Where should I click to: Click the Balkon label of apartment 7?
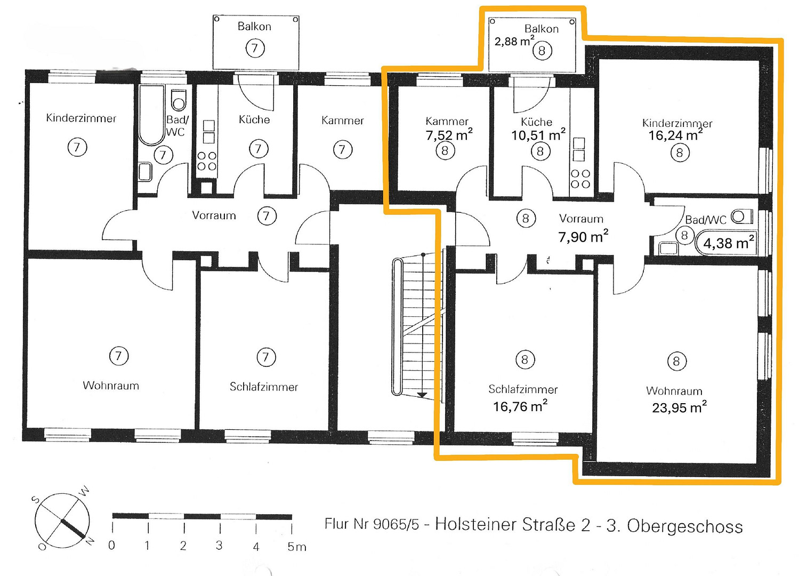coord(254,27)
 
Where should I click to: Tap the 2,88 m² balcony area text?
coord(514,41)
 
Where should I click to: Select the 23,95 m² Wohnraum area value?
coord(679,407)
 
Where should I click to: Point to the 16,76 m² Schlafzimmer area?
coord(520,406)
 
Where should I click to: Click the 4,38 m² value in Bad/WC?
coord(728,243)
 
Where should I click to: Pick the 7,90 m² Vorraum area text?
coord(583,236)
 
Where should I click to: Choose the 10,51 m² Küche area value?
coord(538,135)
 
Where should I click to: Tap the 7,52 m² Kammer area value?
coord(449,135)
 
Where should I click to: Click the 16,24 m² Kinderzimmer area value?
coord(675,135)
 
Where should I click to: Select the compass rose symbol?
coord(62,521)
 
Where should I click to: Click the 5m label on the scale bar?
coord(297,546)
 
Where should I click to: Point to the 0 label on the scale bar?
coord(111,545)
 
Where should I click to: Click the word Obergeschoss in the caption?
coord(685,526)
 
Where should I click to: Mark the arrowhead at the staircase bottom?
coord(422,395)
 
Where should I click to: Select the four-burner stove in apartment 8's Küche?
coord(580,179)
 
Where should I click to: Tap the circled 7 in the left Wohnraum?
coord(119,355)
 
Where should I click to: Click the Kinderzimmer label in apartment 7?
coord(81,118)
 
